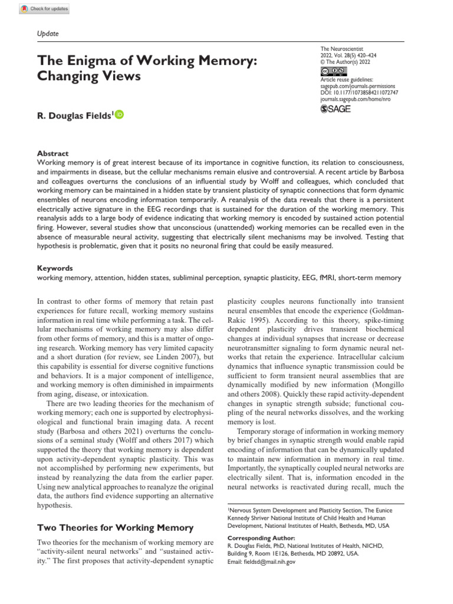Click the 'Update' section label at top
tap(48, 34)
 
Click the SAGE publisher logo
tap(335, 109)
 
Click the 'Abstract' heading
tap(52, 153)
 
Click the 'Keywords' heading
tap(55, 267)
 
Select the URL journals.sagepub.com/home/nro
tap(354, 99)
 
